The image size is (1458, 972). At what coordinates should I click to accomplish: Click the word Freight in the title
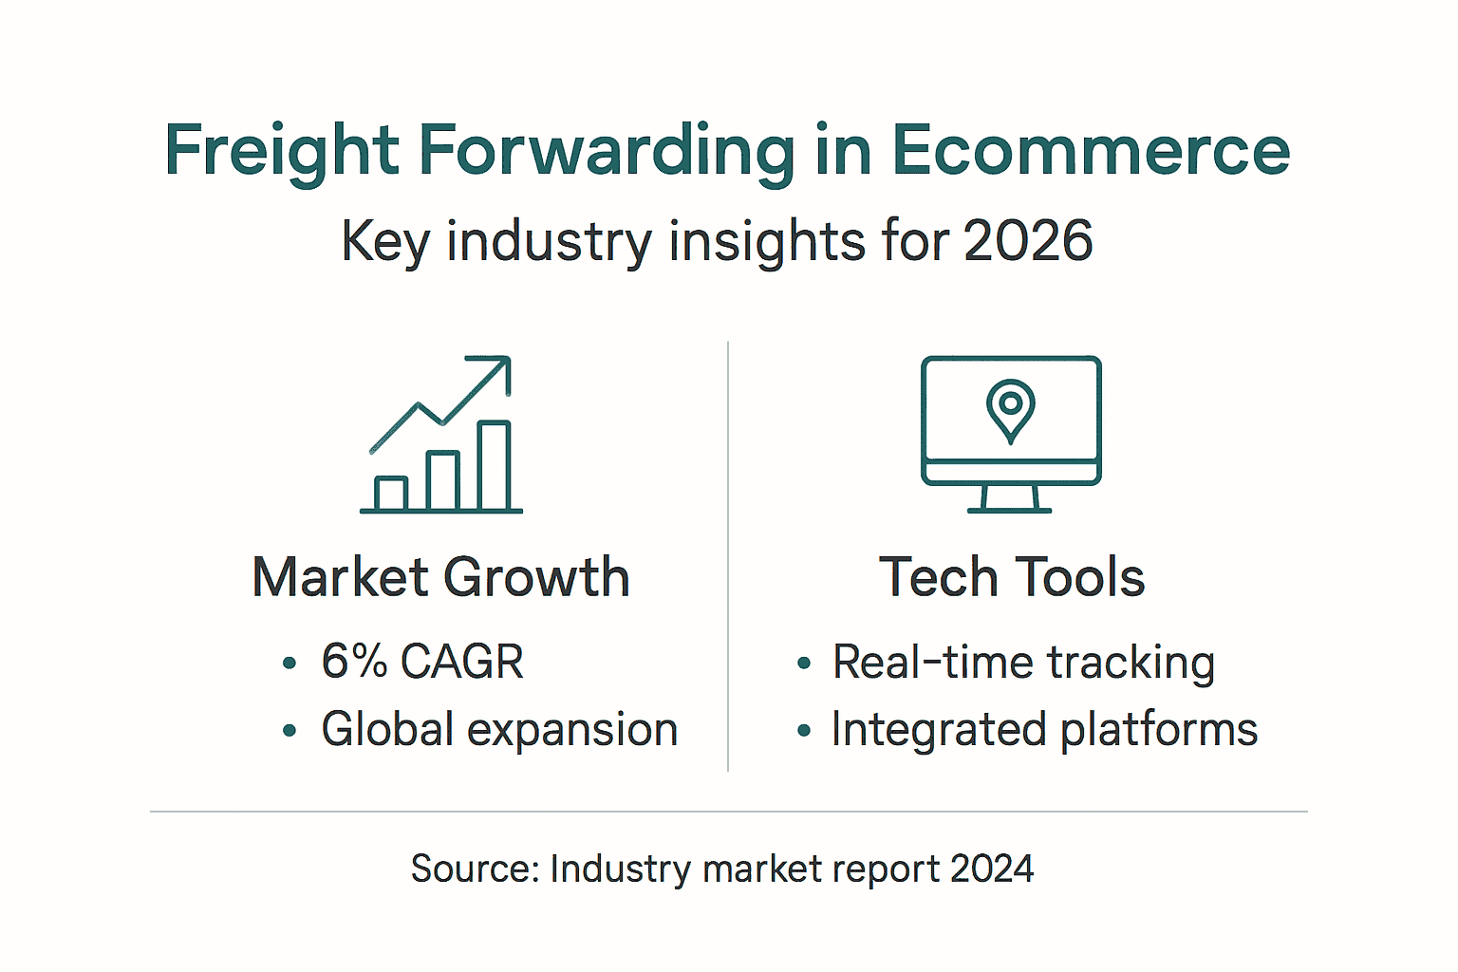pos(281,152)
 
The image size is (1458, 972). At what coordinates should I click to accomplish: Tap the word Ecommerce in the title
pos(1091,152)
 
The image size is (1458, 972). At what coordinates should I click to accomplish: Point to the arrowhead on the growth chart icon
pos(500,367)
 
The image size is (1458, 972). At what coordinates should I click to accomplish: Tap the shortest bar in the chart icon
pos(391,494)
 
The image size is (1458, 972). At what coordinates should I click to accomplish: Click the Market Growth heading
pos(440,577)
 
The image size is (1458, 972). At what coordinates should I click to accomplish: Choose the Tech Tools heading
pos(1012,577)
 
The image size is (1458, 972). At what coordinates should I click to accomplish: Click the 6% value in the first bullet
pos(354,661)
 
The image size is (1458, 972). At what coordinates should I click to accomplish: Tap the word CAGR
pos(462,662)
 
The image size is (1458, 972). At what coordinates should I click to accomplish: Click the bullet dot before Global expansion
pos(290,731)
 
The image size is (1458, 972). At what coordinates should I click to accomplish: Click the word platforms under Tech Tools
pos(1159,730)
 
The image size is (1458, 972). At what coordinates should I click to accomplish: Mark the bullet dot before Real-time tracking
pos(804,664)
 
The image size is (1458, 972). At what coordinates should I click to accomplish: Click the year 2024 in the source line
pos(992,869)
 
